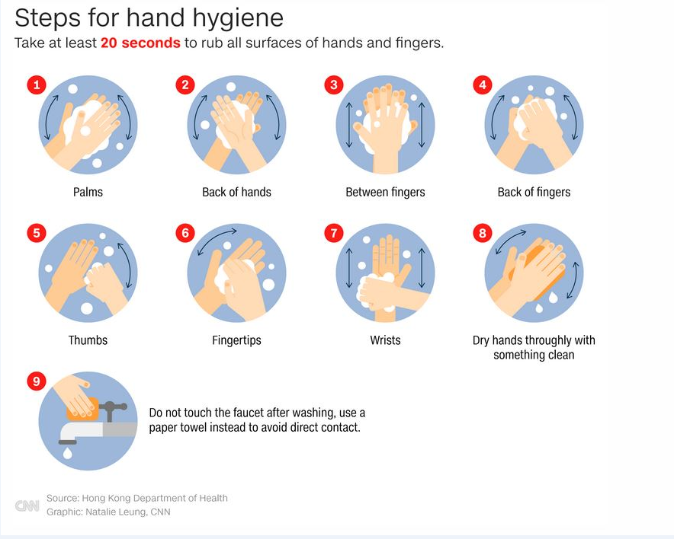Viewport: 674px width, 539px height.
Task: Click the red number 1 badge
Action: coord(37,85)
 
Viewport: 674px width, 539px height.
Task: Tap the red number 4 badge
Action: coord(483,85)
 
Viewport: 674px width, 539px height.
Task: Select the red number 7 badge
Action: coord(334,233)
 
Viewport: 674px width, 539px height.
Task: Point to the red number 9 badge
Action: coord(37,381)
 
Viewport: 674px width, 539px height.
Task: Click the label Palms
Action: coord(88,192)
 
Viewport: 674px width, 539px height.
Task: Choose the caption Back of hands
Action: coord(236,192)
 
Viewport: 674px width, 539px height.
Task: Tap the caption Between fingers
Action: coord(385,192)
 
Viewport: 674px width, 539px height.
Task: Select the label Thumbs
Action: coord(88,340)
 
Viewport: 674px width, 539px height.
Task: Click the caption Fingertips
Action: coord(236,340)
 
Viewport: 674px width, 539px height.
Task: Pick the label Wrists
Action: coord(385,340)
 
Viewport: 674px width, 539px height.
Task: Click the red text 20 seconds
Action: coord(140,43)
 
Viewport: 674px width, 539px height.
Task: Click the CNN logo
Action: coord(27,506)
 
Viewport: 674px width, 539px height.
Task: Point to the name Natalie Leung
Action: coord(115,512)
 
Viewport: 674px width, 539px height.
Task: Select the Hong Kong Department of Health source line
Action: coord(137,498)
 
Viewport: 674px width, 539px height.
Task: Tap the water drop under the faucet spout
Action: coord(68,453)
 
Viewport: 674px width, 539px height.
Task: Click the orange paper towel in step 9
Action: coord(82,409)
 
